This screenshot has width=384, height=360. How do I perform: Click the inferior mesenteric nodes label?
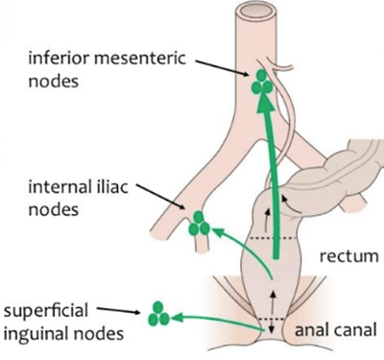(x=107, y=70)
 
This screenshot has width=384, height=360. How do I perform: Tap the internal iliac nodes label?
(x=78, y=199)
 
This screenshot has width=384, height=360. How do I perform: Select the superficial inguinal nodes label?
(x=63, y=323)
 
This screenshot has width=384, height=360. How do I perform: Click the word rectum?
(x=348, y=256)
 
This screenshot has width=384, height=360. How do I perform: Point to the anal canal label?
(x=335, y=329)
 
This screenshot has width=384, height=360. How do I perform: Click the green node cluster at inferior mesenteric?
(x=262, y=83)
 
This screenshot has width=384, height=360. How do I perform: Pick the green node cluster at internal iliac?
(x=199, y=224)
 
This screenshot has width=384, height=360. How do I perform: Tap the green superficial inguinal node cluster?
(x=158, y=314)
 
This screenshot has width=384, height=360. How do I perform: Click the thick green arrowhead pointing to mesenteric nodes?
(x=266, y=104)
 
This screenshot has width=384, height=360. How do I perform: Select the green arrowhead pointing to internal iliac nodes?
(x=219, y=232)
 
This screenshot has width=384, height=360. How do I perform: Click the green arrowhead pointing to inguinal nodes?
(x=177, y=318)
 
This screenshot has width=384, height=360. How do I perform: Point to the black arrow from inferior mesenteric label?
(x=222, y=68)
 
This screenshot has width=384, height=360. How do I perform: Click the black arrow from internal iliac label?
(x=161, y=197)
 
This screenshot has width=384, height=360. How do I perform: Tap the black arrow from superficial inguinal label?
(x=119, y=310)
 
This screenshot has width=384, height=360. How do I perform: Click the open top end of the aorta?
(x=256, y=12)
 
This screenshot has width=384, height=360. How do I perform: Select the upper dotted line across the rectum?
(x=273, y=238)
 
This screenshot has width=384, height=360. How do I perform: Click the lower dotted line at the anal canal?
(x=272, y=319)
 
